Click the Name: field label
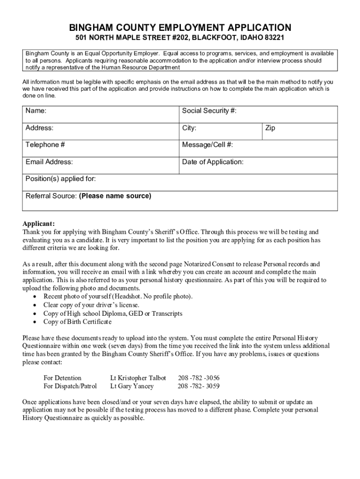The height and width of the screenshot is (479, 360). pyautogui.click(x=36, y=111)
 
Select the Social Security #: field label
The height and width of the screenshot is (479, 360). pyautogui.click(x=209, y=111)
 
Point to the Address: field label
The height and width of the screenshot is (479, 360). pyautogui.click(x=39, y=128)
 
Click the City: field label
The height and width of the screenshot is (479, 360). pyautogui.click(x=189, y=128)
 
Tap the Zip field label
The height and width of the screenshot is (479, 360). pyautogui.click(x=270, y=128)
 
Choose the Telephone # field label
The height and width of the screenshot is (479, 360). pyautogui.click(x=45, y=145)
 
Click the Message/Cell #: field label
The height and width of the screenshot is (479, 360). pyautogui.click(x=207, y=145)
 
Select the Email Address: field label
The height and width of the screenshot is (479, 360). pyautogui.click(x=49, y=162)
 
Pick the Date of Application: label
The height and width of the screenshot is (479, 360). pyautogui.click(x=213, y=162)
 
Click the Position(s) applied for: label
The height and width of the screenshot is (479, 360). pyautogui.click(x=61, y=179)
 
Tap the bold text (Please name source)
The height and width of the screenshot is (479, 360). pyautogui.click(x=115, y=196)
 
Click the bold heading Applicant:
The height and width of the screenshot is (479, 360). pyautogui.click(x=39, y=223)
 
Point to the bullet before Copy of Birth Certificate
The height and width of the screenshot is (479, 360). pyautogui.click(x=36, y=322)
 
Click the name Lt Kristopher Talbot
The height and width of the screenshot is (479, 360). pyautogui.click(x=138, y=377)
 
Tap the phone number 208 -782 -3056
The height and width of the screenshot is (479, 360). pyautogui.click(x=199, y=377)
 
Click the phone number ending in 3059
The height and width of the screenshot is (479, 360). pyautogui.click(x=199, y=386)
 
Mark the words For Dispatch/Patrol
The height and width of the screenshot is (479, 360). pyautogui.click(x=70, y=386)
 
